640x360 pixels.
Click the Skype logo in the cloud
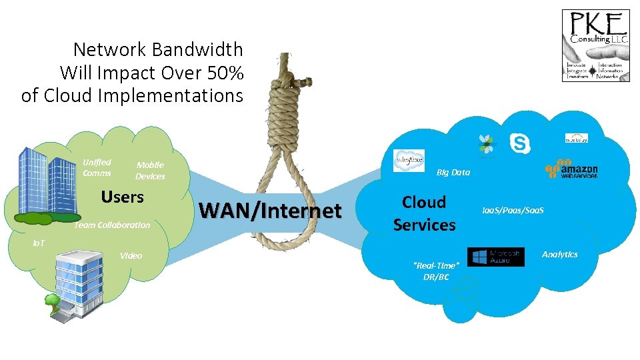[x=520, y=143]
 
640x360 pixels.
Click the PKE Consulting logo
[x=595, y=45]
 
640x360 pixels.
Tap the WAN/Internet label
[x=270, y=211]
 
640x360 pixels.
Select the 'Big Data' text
[x=453, y=172]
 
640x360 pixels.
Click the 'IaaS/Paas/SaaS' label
[x=513, y=210]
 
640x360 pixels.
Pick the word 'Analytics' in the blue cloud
[x=559, y=254]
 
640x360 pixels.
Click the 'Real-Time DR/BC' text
[x=436, y=271]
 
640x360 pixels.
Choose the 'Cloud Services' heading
[x=424, y=213]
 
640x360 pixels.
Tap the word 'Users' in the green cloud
[x=122, y=197]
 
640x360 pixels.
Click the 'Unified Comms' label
[x=97, y=167]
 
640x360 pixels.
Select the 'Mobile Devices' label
[x=150, y=171]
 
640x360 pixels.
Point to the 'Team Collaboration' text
[x=112, y=225]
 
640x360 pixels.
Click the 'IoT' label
[x=39, y=243]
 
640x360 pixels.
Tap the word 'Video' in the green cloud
[x=131, y=255]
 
